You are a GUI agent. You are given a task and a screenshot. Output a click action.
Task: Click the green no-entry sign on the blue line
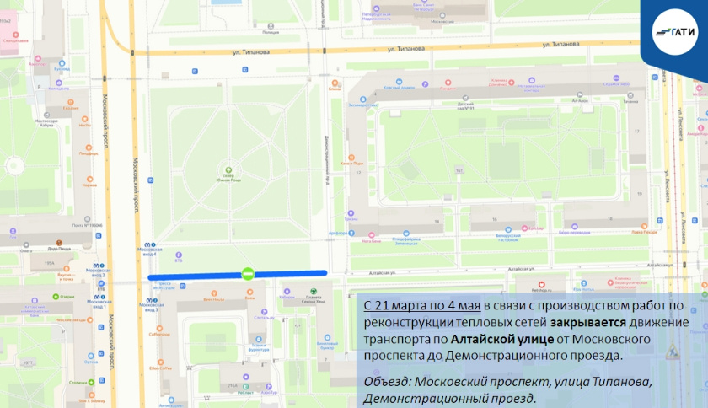click(247, 273)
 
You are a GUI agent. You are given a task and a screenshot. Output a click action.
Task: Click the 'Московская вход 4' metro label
click(149, 250)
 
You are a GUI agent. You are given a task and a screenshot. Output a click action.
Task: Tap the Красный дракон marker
click(399, 84)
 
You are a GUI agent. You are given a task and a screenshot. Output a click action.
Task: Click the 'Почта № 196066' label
click(88, 225)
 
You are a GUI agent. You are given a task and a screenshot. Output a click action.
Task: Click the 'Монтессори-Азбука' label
click(46, 123)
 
